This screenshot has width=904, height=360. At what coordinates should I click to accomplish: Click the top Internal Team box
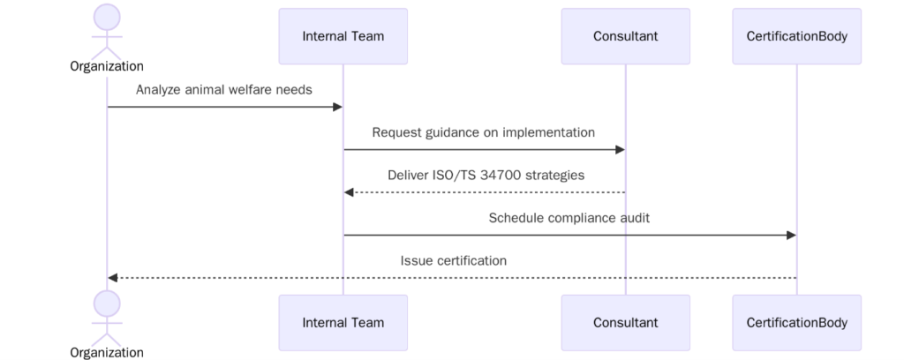(x=343, y=36)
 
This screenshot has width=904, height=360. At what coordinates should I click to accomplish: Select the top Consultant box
(x=625, y=36)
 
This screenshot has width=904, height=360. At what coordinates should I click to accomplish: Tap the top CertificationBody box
(x=796, y=36)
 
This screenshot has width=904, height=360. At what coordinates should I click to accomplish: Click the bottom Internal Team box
(x=343, y=322)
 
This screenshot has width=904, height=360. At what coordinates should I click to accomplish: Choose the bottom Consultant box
(x=625, y=322)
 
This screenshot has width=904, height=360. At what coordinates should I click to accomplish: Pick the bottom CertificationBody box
(x=796, y=322)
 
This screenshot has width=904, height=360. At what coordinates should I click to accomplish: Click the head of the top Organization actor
(x=107, y=17)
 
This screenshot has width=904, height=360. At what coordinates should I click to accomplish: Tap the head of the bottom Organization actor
(x=107, y=304)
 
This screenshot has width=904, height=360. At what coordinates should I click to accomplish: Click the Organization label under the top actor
(x=107, y=66)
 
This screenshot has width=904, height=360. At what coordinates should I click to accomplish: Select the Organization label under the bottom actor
(x=107, y=352)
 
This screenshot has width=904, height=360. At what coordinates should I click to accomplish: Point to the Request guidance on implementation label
(x=483, y=132)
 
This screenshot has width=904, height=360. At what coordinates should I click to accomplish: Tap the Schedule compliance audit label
(x=569, y=217)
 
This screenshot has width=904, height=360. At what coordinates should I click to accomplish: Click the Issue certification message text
(x=453, y=260)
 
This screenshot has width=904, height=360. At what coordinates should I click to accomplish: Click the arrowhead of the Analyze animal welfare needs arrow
(x=337, y=107)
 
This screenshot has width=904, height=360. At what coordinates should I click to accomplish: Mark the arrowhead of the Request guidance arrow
(x=620, y=149)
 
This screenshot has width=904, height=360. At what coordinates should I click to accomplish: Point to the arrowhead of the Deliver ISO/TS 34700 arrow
(x=349, y=192)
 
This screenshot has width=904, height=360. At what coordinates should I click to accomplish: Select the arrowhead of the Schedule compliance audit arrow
(x=791, y=235)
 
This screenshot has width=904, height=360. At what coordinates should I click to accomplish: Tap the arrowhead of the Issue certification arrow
(x=113, y=278)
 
